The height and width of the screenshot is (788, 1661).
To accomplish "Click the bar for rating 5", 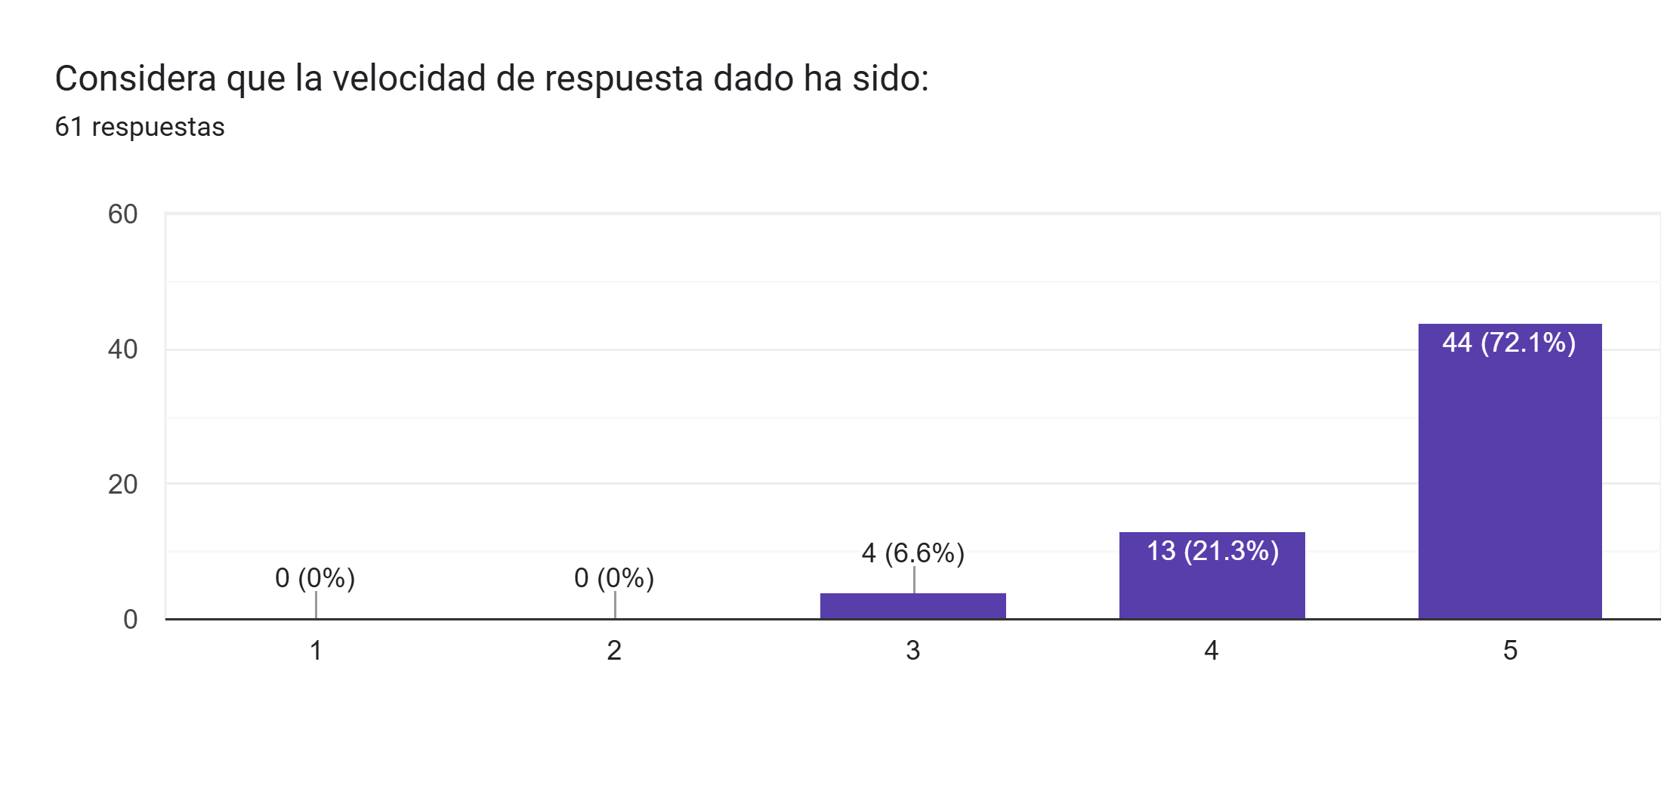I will click(1509, 483).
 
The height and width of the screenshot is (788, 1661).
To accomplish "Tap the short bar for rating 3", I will click(912, 606).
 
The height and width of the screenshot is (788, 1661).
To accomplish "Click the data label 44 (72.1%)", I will click(1508, 343).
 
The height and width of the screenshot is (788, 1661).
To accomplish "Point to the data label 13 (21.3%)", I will click(1212, 551).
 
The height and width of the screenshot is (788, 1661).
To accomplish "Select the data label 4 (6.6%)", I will click(912, 553).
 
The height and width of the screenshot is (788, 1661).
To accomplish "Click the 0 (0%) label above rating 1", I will click(315, 578).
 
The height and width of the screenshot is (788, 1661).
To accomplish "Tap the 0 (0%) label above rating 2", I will click(614, 578).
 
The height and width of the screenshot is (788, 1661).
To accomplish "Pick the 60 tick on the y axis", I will click(122, 214).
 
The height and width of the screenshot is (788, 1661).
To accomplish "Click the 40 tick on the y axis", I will click(122, 349).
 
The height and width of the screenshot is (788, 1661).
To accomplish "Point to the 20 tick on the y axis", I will click(122, 485).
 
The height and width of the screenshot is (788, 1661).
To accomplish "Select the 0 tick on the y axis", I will click(130, 620).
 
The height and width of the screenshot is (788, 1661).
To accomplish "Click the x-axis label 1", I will click(316, 651).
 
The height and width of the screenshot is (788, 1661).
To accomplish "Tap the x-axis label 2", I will click(614, 651).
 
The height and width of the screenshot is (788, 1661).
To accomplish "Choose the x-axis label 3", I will click(912, 651).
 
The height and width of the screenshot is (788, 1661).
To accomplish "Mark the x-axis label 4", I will click(1211, 651).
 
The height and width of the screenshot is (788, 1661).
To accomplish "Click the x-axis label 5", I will click(1510, 651).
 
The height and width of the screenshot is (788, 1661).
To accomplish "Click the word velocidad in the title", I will click(409, 78).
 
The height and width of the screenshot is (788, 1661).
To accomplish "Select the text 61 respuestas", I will click(140, 127).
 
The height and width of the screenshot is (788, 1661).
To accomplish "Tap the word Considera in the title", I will click(136, 78).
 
